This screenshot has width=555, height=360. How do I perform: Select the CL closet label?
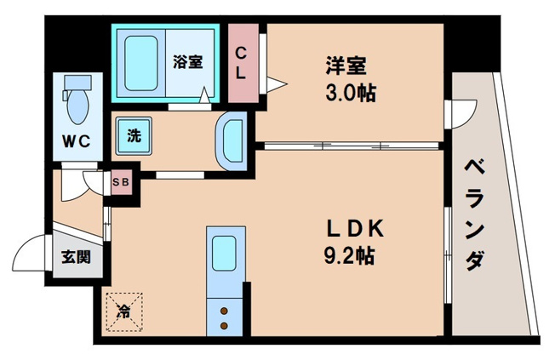coord(241,63)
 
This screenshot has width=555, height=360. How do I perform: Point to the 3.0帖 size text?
coord(349,90)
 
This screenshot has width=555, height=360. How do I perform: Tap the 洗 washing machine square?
coord(134,135)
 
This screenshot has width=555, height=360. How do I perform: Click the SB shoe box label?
coord(121,180)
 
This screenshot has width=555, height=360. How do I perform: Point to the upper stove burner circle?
coord(225,311)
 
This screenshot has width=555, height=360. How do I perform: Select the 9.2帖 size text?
coord(352,254)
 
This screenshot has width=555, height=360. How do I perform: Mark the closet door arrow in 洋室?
coord(274,83)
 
